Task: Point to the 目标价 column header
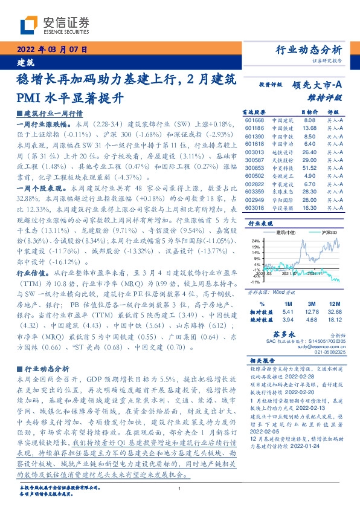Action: coord(309,112)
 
